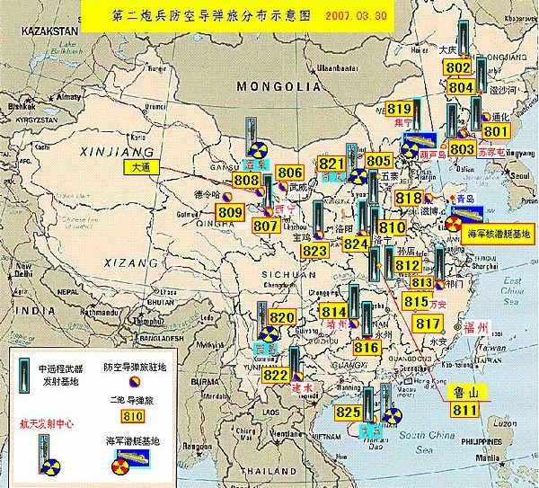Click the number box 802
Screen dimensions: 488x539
pos(458,68)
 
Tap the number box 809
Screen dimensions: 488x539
pos(230,212)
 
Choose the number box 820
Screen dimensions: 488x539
pos(282,317)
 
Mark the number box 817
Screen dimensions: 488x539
pos(427,322)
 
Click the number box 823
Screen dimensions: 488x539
pos(315,251)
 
